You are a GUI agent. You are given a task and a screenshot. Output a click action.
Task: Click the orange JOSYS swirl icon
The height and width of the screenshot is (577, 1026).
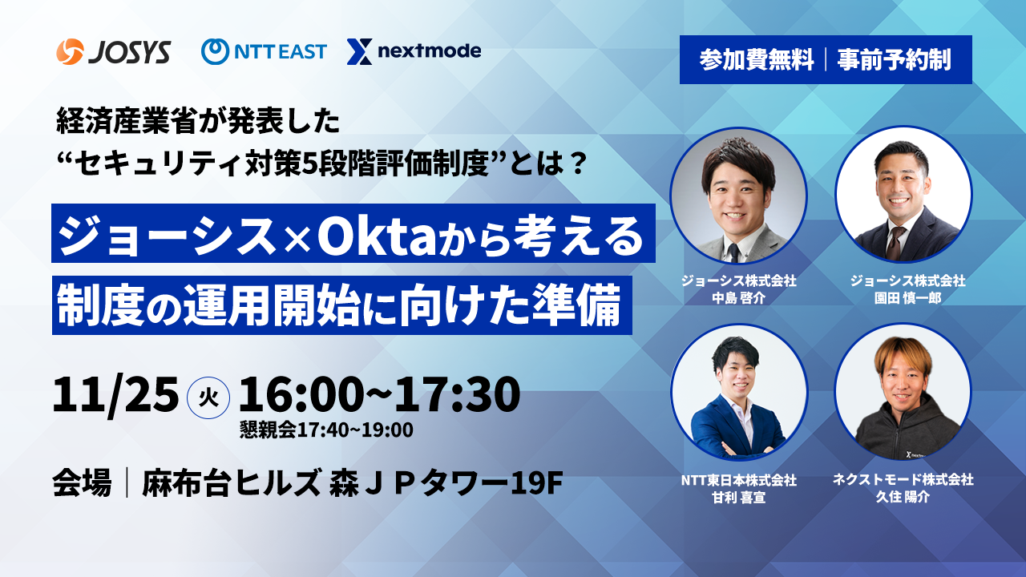tap(70, 51)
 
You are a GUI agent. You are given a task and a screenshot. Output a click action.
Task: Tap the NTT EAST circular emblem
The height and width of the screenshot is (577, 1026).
tap(215, 51)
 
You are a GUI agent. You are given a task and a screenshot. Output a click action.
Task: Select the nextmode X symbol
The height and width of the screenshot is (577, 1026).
tap(359, 51)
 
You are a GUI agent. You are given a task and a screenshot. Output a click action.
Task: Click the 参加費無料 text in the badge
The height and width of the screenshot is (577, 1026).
tap(756, 60)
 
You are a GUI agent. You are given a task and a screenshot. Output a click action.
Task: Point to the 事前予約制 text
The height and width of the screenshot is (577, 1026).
tap(894, 60)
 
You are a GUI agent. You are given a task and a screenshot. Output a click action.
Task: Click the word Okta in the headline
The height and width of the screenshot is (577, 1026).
tap(377, 235)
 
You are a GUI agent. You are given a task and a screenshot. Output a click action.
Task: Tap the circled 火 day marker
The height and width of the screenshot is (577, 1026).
tap(208, 397)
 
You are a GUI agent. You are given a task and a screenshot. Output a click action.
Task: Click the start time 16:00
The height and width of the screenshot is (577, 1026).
tap(301, 393)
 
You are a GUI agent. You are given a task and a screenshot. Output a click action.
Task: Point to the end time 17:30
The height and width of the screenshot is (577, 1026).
tap(457, 393)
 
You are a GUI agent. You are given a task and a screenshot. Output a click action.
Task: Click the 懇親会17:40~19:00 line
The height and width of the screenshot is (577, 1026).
tap(326, 430)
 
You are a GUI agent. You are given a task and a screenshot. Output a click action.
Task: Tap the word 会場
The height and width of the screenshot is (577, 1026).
tap(82, 483)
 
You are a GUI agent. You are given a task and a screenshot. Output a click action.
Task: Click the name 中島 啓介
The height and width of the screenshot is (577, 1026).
tap(738, 298)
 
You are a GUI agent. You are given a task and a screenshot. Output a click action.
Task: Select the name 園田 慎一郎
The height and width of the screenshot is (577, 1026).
tap(907, 298)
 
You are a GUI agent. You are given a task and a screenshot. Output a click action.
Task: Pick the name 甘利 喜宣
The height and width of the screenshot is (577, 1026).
tap(738, 498)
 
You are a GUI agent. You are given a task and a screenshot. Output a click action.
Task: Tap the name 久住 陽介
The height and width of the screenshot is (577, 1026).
tap(903, 497)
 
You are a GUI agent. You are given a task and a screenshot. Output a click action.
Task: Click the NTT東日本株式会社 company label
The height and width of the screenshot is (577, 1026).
tap(738, 480)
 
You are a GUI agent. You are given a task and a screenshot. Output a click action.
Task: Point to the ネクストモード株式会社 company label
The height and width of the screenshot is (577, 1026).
tap(903, 479)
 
